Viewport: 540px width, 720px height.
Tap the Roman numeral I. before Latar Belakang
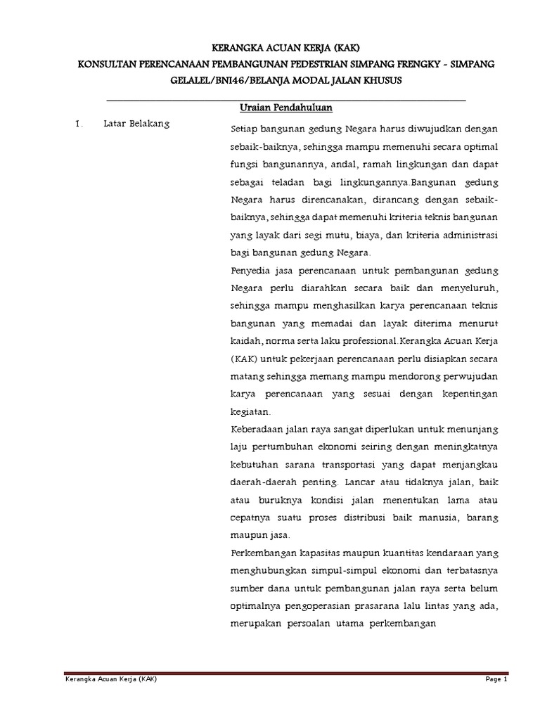[79, 125]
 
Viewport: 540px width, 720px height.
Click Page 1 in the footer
[496, 679]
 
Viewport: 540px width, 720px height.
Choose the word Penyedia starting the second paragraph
[250, 271]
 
